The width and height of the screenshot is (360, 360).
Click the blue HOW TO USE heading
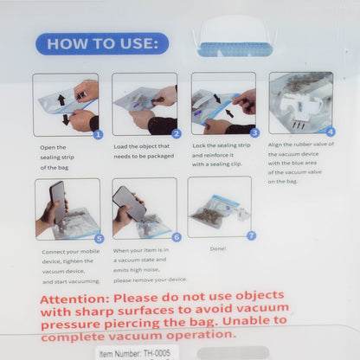(102, 43)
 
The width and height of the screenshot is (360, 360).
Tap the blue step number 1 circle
(98, 134)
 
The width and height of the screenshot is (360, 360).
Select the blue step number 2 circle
(177, 133)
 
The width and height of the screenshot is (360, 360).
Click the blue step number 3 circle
(254, 132)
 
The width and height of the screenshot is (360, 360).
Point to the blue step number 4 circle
(331, 132)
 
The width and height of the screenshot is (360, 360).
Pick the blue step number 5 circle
(100, 239)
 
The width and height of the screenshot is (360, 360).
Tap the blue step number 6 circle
(177, 237)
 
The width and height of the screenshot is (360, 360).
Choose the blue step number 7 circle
(251, 235)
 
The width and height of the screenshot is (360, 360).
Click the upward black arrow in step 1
(61, 100)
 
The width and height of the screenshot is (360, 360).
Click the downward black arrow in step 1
(66, 119)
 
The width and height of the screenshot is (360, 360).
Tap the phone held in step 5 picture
(58, 202)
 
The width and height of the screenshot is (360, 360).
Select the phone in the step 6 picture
(130, 203)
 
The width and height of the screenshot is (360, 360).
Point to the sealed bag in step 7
(215, 210)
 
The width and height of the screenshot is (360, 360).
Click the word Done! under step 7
(218, 248)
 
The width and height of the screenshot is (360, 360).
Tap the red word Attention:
(74, 299)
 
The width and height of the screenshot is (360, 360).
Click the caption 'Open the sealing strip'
(57, 157)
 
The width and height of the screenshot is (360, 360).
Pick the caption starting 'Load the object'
(144, 151)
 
